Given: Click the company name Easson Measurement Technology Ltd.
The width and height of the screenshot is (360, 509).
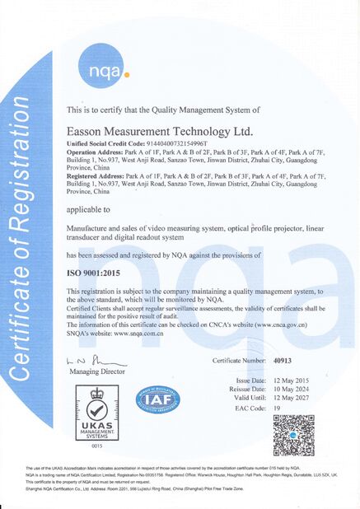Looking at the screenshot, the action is click(x=147, y=130).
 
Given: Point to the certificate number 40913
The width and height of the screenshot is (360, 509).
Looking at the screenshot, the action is click(x=283, y=360).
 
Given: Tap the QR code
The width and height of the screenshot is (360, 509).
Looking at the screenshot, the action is click(x=295, y=436).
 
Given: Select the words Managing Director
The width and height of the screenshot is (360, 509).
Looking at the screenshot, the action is click(x=96, y=373).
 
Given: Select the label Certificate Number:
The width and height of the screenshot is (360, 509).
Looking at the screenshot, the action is click(x=239, y=360).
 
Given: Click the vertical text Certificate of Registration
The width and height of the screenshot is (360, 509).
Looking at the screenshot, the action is click(x=25, y=247).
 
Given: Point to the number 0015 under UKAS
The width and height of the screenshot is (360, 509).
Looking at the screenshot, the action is click(x=96, y=446).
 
